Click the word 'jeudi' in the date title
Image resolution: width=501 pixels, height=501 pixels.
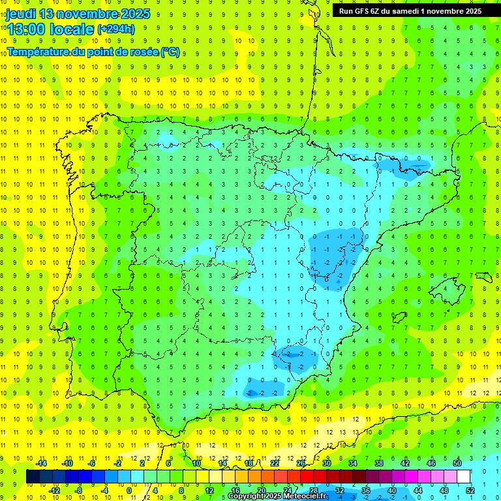tap(21, 14)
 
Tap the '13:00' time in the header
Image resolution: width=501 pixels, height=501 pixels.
tap(28, 29)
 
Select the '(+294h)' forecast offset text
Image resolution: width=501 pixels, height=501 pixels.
tap(115, 29)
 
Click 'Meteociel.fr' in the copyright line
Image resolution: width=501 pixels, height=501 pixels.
tap(294, 496)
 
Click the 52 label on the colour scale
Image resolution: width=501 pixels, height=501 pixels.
tap(470, 490)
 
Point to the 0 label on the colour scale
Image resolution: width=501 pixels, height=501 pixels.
tap(129, 490)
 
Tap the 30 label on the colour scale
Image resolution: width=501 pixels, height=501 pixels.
tap(326, 463)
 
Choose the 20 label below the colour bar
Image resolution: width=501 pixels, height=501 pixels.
tap(261, 490)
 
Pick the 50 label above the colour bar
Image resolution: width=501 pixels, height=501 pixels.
tap(457, 463)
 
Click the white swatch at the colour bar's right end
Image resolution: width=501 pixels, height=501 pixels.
tap(463, 476)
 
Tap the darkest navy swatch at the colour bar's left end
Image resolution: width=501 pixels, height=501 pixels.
tap(33, 476)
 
